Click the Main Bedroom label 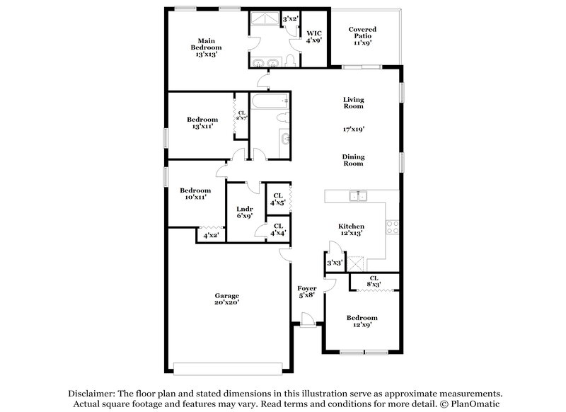coord(206,47)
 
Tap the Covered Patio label coord(362,36)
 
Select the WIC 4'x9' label coord(314,37)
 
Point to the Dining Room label coord(353,159)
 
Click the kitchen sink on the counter coord(357,196)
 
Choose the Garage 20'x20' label coord(227,299)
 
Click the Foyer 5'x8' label coord(306,292)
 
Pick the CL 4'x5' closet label coord(277,199)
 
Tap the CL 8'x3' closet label coord(373,282)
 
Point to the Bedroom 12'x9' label coord(362,322)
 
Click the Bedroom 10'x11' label coord(195,194)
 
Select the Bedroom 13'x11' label coord(202,123)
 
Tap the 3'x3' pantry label coord(334,263)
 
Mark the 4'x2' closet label coord(211,235)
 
